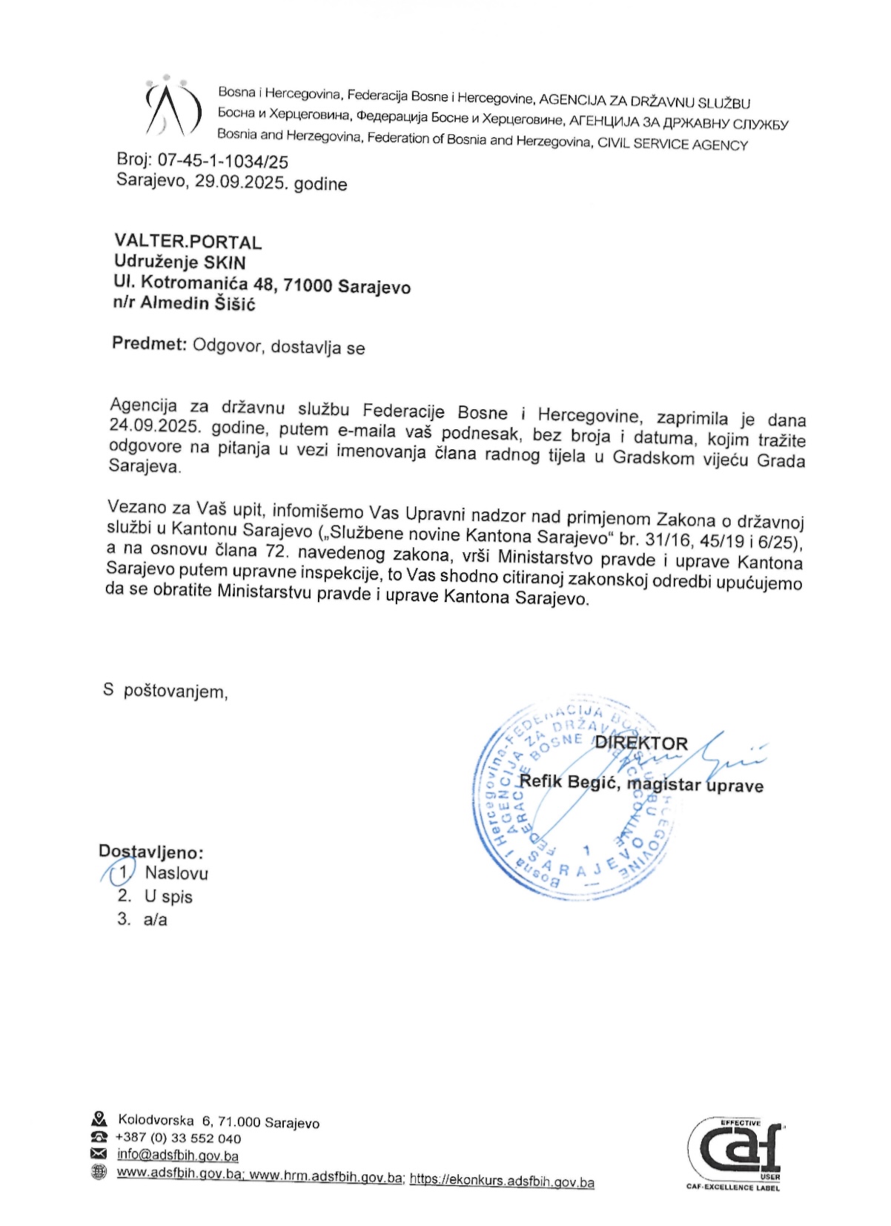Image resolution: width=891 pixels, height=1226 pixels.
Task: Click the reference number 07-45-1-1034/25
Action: click(222, 161)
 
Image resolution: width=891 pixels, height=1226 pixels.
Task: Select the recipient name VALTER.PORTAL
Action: click(188, 242)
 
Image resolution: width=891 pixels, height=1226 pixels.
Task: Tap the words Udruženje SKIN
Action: click(179, 262)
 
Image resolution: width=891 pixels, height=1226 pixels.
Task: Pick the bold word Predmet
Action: click(148, 343)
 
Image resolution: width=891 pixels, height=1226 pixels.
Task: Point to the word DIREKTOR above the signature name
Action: click(641, 743)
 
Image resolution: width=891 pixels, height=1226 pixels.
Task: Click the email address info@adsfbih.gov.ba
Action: click(177, 1155)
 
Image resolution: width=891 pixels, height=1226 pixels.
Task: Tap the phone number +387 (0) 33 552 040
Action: click(178, 1139)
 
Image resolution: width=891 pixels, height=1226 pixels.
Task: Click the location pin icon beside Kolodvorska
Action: click(99, 1119)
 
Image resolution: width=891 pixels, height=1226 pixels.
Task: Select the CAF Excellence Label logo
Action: click(733, 1155)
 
